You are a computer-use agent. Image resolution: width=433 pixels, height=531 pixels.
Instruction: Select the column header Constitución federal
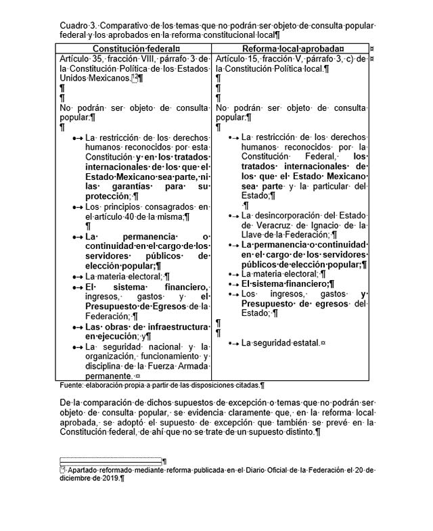click(x=135, y=49)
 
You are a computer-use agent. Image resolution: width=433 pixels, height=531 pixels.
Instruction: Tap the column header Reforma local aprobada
click(x=293, y=49)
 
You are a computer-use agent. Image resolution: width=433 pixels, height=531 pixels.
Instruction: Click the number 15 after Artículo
click(x=254, y=60)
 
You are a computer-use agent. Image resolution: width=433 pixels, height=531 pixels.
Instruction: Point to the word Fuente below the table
click(x=71, y=385)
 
